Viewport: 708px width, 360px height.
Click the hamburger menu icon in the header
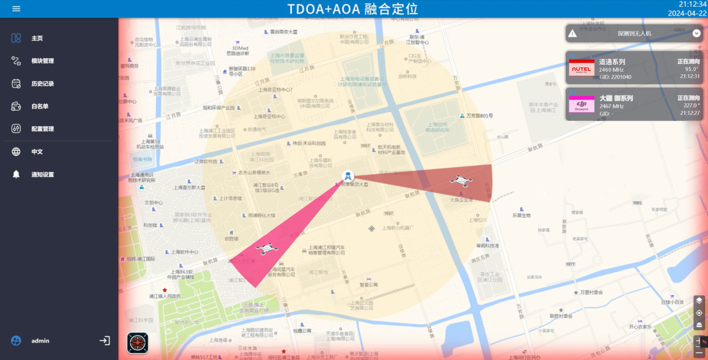click(16, 9)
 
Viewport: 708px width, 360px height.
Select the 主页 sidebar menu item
click(37, 38)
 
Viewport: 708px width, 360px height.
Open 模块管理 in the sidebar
click(43, 61)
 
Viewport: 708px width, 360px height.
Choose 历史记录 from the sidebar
click(43, 84)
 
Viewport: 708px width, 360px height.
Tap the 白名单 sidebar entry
click(40, 106)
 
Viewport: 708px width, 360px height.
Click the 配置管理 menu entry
click(43, 129)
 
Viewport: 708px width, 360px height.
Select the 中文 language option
click(37, 152)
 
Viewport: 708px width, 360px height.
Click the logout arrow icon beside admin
click(105, 341)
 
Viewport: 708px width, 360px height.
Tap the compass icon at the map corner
click(137, 343)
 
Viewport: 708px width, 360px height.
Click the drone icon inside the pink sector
click(267, 249)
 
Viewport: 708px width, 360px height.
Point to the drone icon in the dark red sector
click(461, 180)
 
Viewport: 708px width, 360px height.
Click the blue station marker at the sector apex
click(347, 176)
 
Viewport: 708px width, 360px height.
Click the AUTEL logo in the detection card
click(581, 69)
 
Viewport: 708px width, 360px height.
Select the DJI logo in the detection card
click(581, 105)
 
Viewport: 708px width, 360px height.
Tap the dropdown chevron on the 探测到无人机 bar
click(696, 33)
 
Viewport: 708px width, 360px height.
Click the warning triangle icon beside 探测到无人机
click(572, 34)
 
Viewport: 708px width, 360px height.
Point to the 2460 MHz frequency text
click(611, 70)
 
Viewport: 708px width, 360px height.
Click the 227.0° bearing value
click(691, 106)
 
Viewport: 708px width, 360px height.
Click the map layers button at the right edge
click(699, 300)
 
